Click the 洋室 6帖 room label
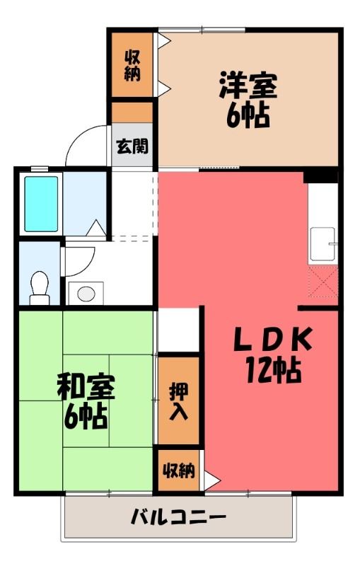click(x=248, y=100)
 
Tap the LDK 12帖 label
click(x=274, y=355)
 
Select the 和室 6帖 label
click(x=86, y=401)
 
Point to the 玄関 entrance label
click(x=132, y=146)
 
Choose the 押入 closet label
click(x=178, y=401)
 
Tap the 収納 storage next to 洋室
click(x=132, y=65)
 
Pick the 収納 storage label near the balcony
click(x=178, y=470)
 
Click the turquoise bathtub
click(x=41, y=204)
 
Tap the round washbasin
click(x=86, y=294)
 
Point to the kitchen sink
click(x=323, y=243)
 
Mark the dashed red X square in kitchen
click(x=323, y=282)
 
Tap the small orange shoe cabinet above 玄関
click(x=132, y=112)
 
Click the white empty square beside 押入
click(x=178, y=330)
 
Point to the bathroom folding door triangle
click(x=95, y=228)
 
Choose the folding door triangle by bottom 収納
click(x=211, y=480)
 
